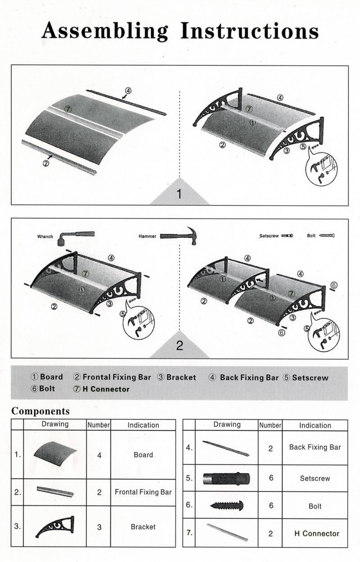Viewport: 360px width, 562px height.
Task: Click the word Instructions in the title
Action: pos(250,31)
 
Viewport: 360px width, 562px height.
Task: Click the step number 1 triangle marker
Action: pos(180,194)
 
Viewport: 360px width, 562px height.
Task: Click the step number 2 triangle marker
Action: pos(180,346)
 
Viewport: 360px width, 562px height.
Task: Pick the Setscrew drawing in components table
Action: pos(226,478)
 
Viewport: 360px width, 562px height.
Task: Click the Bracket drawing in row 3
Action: pos(54,527)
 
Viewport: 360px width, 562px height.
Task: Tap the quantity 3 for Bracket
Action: pos(99,527)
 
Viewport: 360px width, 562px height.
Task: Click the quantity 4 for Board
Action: pos(99,455)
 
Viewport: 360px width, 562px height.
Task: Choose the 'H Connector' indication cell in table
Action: pos(316,534)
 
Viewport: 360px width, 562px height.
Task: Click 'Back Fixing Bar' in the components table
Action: pos(315,447)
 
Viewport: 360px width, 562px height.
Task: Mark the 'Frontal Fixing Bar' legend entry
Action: pos(112,377)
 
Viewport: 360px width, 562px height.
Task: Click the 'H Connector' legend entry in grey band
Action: pos(101,389)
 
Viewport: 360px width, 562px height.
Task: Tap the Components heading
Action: pos(40,411)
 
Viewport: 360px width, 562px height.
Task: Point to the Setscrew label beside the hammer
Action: pos(269,236)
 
